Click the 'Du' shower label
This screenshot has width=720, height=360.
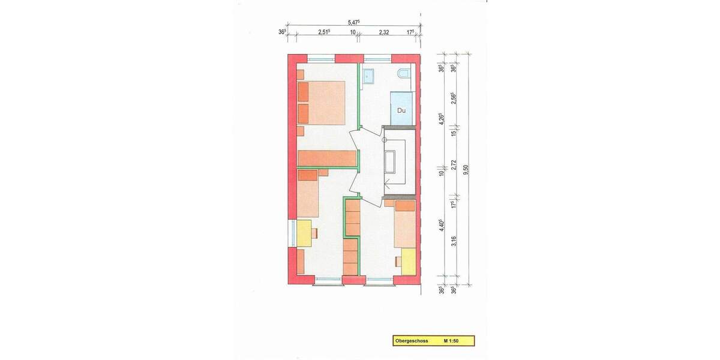[x=401, y=110]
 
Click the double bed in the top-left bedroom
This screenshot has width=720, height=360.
[x=322, y=103]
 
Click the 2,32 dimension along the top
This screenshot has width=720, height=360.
[x=384, y=32]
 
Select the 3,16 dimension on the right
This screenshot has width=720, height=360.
[x=454, y=241]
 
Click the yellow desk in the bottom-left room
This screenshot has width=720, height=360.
[x=304, y=233]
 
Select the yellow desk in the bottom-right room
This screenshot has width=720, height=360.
[x=409, y=262]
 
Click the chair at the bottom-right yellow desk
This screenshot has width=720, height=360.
[x=398, y=262]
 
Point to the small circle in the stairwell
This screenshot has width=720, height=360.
[x=385, y=139]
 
